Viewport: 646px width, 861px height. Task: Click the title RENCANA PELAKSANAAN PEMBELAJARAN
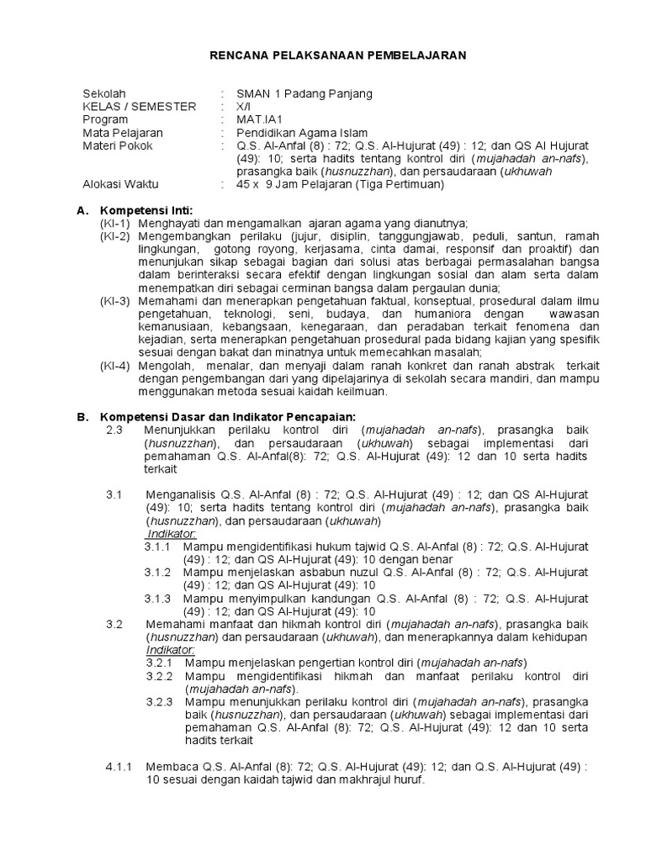point(337,55)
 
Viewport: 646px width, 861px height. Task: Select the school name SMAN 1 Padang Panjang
point(304,93)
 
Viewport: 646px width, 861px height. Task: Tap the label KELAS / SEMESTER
point(139,107)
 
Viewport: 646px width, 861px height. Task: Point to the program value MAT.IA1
point(260,120)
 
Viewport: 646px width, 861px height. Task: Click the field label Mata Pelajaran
point(123,133)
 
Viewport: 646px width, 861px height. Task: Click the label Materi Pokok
point(119,146)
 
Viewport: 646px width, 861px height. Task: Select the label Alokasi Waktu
point(120,184)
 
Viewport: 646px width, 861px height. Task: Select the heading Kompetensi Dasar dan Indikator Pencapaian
point(228,416)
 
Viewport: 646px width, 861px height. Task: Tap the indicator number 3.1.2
point(157,573)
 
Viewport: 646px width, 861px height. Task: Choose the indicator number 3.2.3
point(157,701)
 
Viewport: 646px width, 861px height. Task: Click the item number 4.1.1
point(119,766)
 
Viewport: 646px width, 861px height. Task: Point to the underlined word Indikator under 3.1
point(171,534)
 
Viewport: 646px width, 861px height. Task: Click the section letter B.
point(82,416)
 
